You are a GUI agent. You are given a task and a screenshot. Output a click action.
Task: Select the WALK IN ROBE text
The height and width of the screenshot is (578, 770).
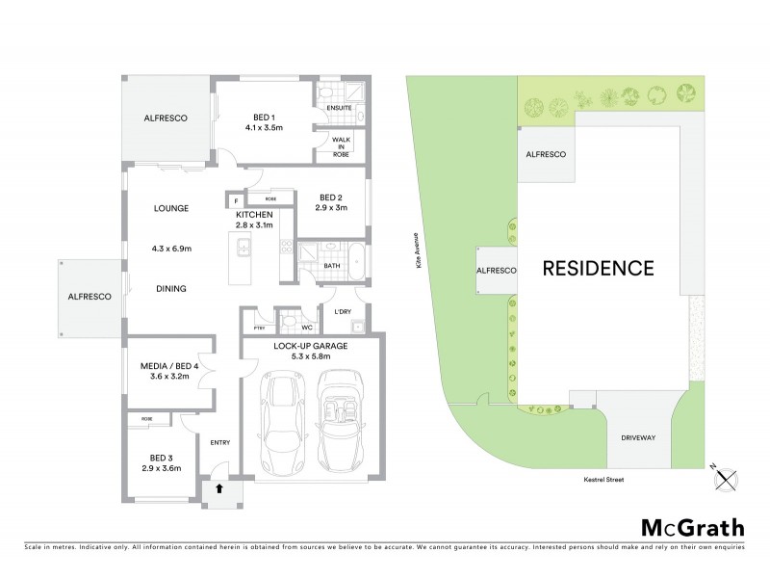pos(342,146)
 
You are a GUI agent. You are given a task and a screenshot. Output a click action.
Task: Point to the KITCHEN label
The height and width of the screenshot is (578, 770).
pos(254,214)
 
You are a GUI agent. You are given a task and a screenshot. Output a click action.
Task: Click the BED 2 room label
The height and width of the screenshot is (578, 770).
pos(331,201)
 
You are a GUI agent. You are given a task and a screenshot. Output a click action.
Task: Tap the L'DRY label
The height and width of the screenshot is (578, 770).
pos(343,312)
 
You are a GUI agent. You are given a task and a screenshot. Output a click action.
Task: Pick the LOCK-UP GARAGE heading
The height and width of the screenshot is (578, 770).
pos(311,346)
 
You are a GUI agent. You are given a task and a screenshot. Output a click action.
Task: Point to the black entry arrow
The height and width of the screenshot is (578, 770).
pos(219,488)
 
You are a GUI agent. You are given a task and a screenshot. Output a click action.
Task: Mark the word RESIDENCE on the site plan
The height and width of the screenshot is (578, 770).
pos(599,268)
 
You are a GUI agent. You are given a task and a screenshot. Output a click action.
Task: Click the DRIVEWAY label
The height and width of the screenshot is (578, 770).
pos(637,437)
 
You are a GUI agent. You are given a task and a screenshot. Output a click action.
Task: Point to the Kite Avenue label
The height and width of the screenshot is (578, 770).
pos(420,259)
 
